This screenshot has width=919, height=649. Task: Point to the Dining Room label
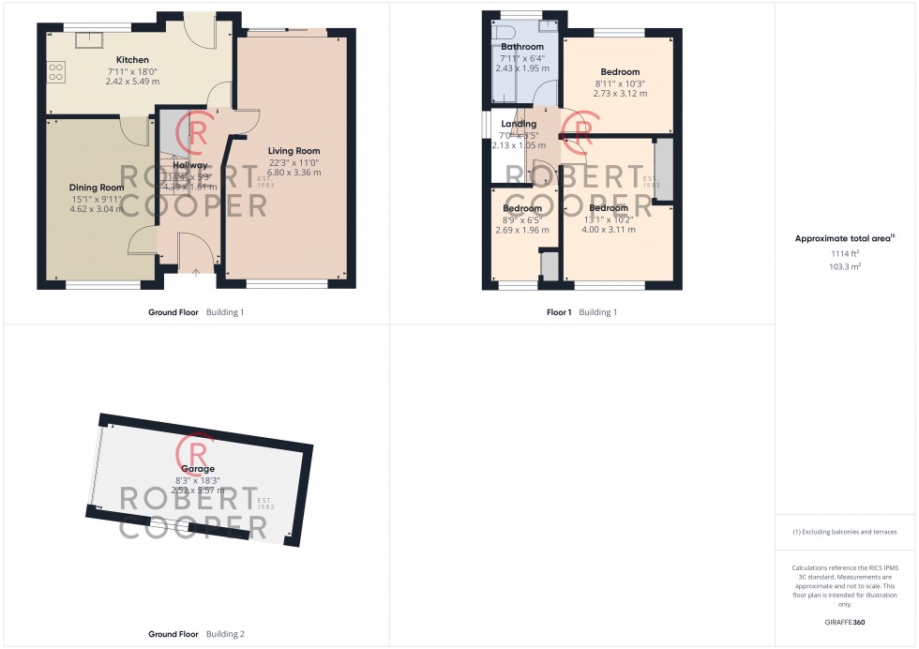coord(97,188)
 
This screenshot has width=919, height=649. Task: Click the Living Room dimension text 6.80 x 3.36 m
coord(294,173)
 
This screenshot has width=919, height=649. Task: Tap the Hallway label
coord(190,166)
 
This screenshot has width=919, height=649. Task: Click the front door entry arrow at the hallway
coord(195,273)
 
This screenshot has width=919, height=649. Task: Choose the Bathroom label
coord(522,47)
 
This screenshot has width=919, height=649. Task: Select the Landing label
coord(519,124)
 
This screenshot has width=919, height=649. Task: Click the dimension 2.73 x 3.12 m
coord(620,95)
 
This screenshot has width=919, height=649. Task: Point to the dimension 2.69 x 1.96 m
coord(521,230)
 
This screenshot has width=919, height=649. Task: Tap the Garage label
coord(198,469)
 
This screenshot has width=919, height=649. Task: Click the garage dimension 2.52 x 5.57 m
coord(198,491)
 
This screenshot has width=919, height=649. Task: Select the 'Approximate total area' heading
coord(844,239)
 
